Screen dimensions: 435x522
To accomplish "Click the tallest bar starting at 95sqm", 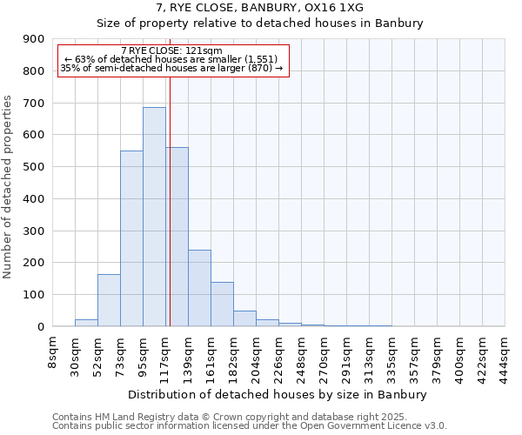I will pos(154,217).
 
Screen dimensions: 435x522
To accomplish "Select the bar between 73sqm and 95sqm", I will pos(131,238).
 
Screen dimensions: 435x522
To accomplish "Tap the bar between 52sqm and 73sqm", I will pos(109,300).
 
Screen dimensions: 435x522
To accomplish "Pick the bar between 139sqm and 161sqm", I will pos(199,288).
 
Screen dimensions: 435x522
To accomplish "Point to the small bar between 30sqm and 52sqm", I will pos(86,323).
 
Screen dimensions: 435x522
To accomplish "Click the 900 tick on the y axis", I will pos(34,39).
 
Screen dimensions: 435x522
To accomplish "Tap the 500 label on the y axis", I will pos(34,167).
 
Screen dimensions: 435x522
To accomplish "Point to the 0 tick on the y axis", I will pos(40,327).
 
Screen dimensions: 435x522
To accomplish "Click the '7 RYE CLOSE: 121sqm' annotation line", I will pos(171,51).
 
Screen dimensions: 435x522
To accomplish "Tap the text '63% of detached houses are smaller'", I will pos(171,59).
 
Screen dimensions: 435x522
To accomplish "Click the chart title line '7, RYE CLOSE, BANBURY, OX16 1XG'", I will pos(259,8).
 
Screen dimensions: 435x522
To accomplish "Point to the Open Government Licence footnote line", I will pos(249,426).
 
